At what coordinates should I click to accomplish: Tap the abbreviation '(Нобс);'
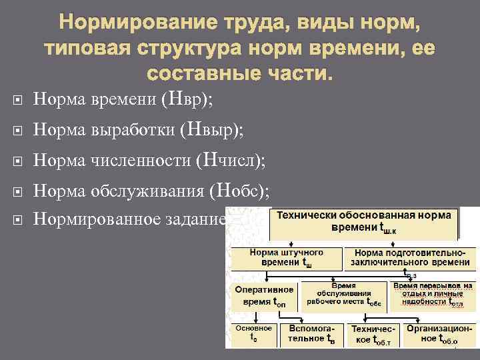click(240, 191)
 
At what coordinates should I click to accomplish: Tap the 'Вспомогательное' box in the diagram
click(312, 334)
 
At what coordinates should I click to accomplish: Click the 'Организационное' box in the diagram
click(439, 334)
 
